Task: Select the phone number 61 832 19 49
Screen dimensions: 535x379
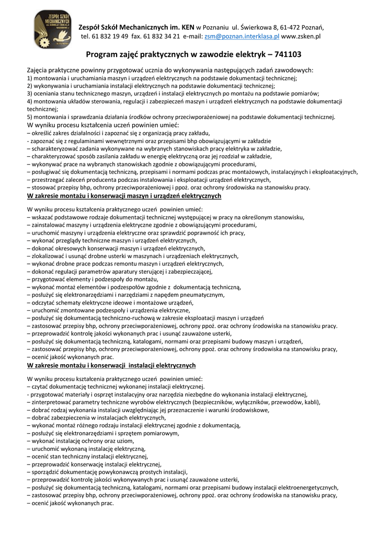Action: pyautogui.click(x=110, y=37)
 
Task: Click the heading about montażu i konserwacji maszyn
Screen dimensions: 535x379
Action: pyautogui.click(x=124, y=196)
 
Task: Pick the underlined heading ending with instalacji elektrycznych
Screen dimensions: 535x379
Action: pyautogui.click(x=111, y=365)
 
